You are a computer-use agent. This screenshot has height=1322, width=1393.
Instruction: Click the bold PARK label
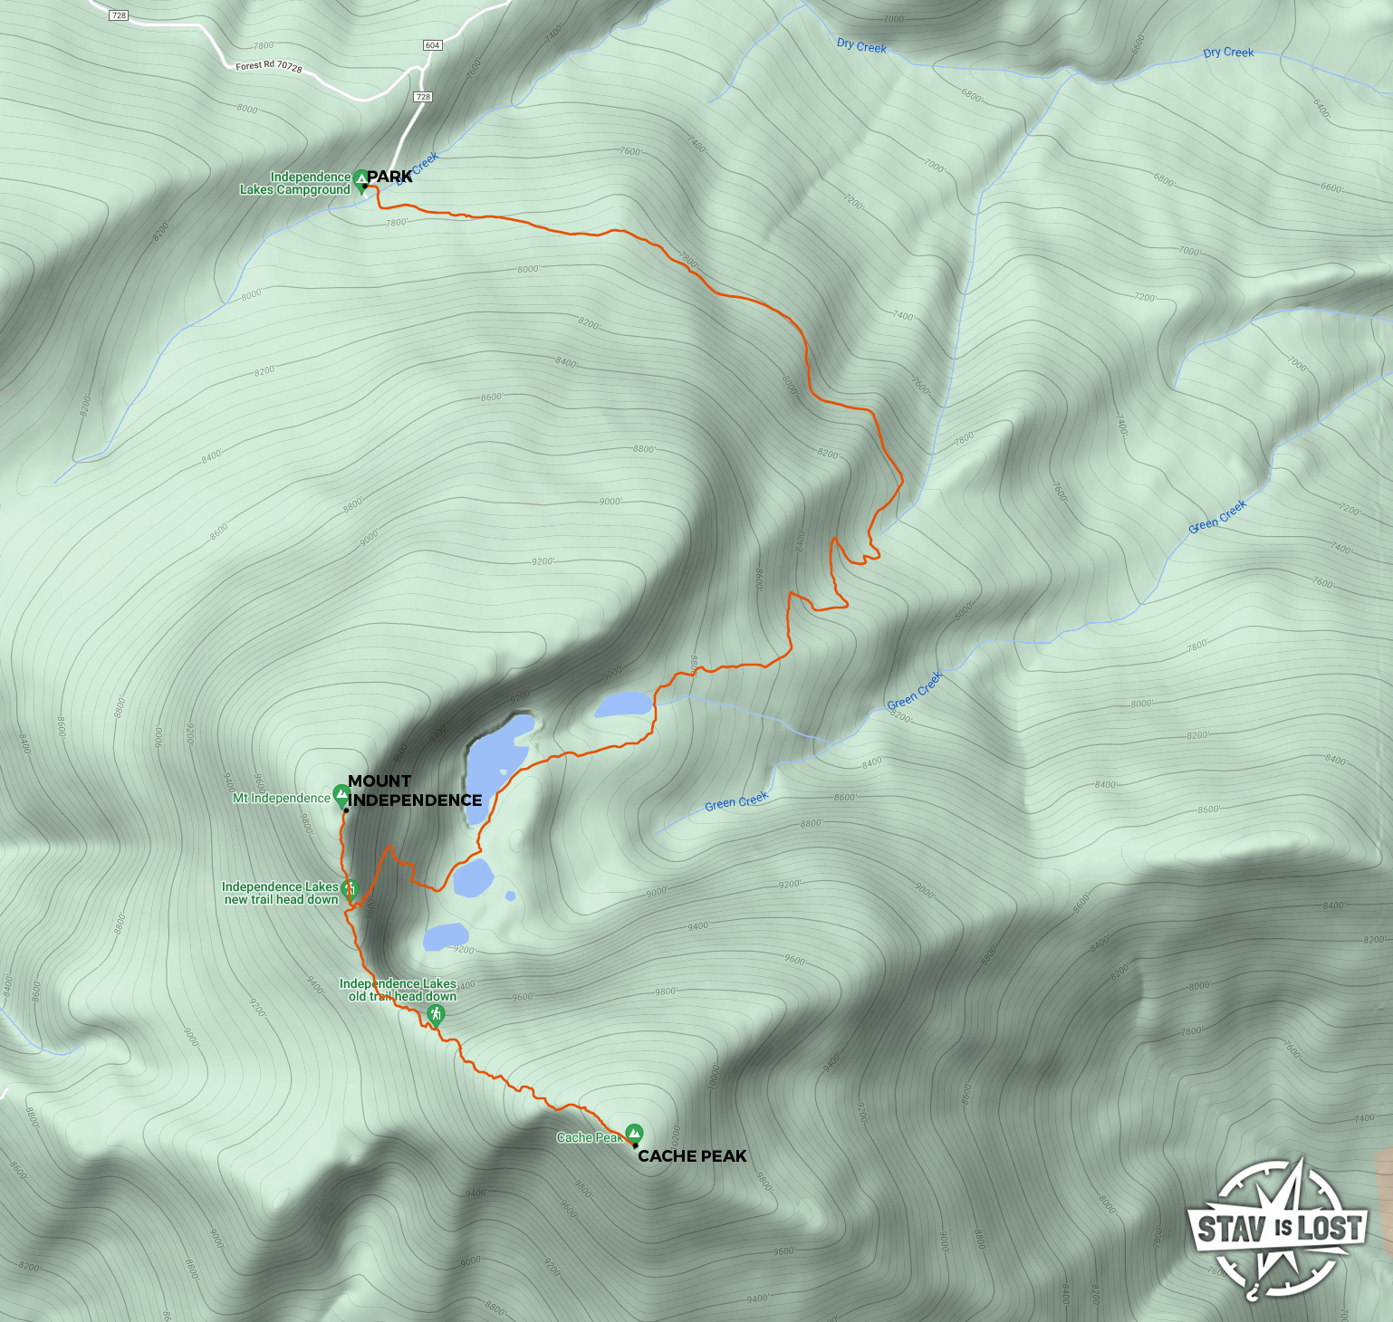390,177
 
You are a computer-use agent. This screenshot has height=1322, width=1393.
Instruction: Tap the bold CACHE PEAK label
692,1156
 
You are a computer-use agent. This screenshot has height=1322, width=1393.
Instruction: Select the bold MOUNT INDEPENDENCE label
414,790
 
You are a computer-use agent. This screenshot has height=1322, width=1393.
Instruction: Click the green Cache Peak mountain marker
635,1133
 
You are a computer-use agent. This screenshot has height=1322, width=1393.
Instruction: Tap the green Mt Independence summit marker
341,795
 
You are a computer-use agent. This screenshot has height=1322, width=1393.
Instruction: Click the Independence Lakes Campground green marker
360,179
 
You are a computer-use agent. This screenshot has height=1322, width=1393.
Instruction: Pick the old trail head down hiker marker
436,1014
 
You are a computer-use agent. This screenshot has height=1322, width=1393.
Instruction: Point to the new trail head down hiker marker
350,889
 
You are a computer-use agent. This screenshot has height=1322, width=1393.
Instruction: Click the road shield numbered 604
432,45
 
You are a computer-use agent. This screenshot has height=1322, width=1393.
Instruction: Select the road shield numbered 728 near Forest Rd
422,97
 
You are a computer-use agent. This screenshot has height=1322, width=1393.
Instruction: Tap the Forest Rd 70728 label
268,66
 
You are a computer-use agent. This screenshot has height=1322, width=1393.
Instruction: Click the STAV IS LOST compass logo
1279,1228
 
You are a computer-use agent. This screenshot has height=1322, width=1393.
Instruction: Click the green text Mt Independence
282,798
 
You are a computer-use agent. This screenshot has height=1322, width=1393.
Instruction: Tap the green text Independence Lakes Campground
295,183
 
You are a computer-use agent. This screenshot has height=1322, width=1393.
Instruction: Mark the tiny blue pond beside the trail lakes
511,896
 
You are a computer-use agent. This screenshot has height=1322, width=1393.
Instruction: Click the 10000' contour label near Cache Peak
713,1077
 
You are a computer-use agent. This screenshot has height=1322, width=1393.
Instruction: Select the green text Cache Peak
589,1137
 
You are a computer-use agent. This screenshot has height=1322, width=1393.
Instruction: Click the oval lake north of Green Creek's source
623,704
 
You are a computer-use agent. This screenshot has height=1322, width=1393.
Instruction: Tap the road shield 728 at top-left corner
119,15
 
